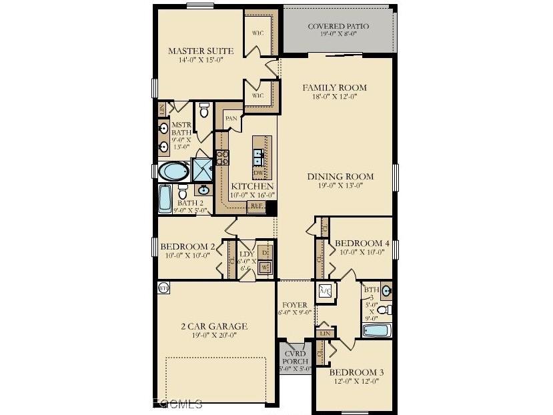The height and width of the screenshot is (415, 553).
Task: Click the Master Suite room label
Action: (x=200, y=51)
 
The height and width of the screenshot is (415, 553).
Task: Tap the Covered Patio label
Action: (x=338, y=27)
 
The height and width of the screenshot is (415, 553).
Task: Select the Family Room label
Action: (x=334, y=88)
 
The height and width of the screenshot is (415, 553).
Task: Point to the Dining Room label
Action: (x=340, y=177)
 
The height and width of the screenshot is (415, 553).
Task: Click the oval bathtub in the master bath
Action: (x=175, y=171)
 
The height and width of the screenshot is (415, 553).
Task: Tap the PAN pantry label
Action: (x=231, y=118)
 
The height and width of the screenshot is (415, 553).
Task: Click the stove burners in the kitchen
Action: (x=222, y=157)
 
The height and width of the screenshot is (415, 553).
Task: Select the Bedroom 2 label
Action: (x=187, y=247)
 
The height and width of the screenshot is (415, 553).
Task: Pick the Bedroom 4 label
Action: (x=362, y=244)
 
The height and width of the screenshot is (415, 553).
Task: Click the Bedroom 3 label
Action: (x=356, y=372)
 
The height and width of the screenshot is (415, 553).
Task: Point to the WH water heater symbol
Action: (x=163, y=288)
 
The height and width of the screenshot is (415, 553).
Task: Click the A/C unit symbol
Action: (x=326, y=291)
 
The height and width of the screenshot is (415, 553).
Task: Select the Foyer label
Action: (x=295, y=306)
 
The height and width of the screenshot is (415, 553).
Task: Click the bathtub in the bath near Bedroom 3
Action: (x=378, y=330)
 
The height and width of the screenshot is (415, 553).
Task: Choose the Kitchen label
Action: (x=251, y=186)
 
